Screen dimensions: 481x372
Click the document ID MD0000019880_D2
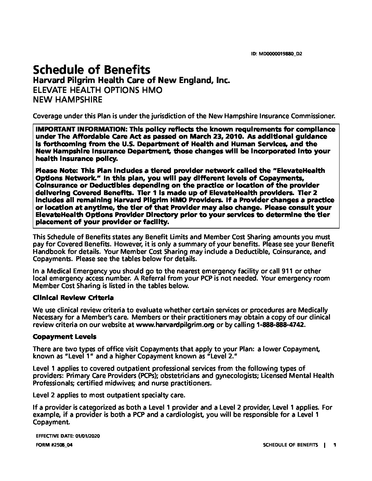(x=281, y=54)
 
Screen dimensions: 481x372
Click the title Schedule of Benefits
(x=91, y=70)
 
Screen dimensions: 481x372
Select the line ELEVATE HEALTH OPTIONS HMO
(x=97, y=90)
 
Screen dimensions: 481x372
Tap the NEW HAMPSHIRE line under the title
(x=67, y=100)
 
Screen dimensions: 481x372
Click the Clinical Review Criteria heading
(x=73, y=298)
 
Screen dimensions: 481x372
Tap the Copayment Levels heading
(x=65, y=336)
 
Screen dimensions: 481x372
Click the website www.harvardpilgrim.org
(x=175, y=325)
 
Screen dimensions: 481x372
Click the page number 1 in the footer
(x=335, y=445)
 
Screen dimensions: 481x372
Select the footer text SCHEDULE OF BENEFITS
(x=290, y=445)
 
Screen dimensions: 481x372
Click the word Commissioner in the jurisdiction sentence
(x=313, y=116)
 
